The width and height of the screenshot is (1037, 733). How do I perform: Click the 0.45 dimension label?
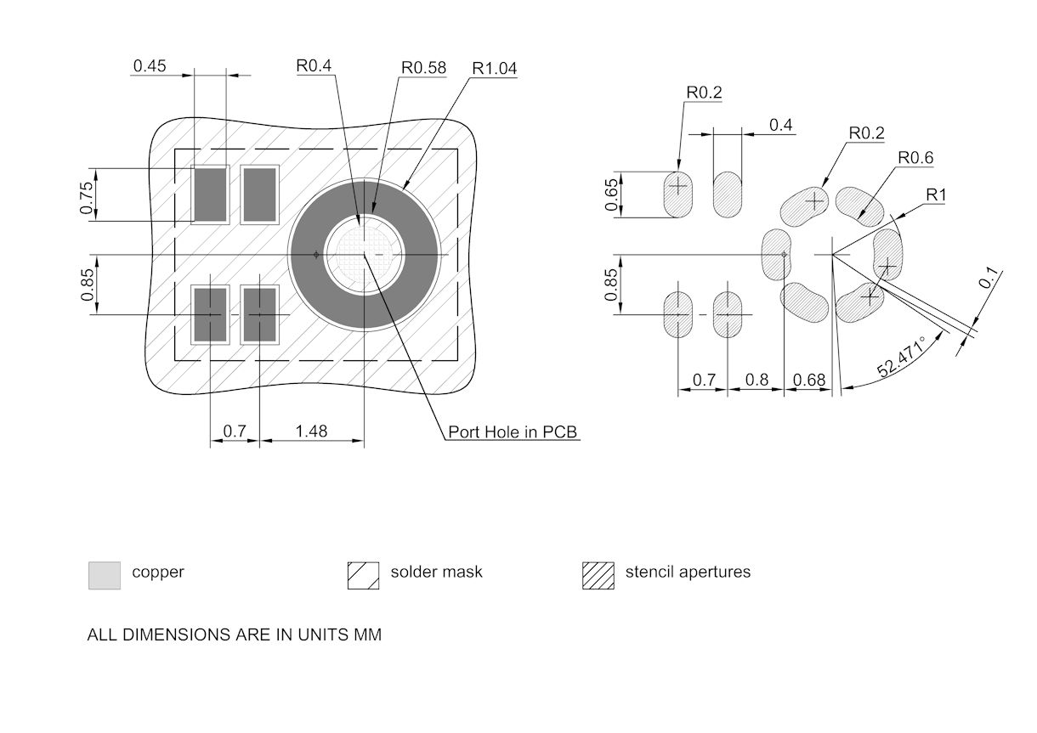click(x=150, y=66)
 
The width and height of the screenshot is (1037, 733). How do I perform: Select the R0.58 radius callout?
click(x=423, y=68)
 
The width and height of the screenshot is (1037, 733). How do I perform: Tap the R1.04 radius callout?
click(x=495, y=69)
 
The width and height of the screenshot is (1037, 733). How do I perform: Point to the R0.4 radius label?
click(x=314, y=66)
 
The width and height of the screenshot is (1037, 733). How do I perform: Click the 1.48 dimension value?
click(x=311, y=431)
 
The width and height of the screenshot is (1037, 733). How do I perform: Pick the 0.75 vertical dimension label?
click(x=87, y=198)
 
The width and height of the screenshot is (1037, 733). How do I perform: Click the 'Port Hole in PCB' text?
click(x=513, y=432)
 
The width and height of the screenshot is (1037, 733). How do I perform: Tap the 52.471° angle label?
click(x=901, y=357)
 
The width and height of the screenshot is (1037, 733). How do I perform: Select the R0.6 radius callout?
click(x=915, y=158)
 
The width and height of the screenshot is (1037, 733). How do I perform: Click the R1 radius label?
click(x=936, y=195)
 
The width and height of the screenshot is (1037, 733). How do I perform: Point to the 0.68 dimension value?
click(x=808, y=381)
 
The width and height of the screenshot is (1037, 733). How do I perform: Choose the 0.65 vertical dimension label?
click(x=611, y=195)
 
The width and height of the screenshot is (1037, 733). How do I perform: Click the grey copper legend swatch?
click(x=105, y=575)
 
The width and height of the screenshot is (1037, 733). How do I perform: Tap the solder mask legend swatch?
click(x=364, y=575)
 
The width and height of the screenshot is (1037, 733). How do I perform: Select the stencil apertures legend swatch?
click(x=598, y=575)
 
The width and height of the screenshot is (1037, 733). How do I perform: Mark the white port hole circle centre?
click(x=365, y=254)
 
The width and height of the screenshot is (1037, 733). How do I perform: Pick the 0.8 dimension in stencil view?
click(x=756, y=381)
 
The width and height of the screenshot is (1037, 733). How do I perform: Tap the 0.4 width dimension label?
click(x=780, y=126)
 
